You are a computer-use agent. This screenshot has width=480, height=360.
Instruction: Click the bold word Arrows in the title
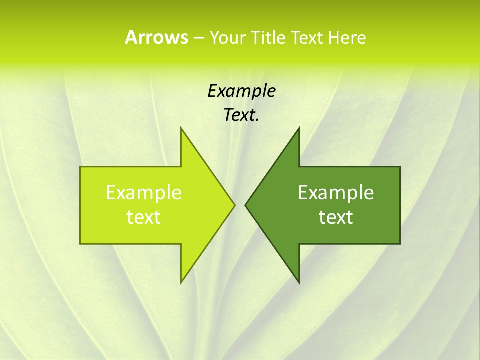coord(156,37)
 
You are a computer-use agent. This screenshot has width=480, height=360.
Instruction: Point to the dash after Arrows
coord(198,38)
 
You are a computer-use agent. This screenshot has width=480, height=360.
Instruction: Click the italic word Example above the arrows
coord(241,91)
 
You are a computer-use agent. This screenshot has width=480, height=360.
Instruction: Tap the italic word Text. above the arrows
coord(241,115)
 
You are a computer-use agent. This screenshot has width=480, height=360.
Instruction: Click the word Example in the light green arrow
coord(144,192)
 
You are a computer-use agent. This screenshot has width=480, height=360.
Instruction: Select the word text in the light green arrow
coord(144,217)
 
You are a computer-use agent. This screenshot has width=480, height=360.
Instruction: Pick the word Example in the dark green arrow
coord(336,192)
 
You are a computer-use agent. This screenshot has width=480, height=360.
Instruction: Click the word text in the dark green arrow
coord(336,217)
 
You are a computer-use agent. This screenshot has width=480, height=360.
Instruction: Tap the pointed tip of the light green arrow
coord(234,205)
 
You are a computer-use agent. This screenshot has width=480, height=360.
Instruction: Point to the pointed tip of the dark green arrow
coord(245,205)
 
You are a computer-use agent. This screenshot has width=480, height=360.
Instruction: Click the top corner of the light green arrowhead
coord(181,128)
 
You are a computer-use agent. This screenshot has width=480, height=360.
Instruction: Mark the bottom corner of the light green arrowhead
coord(181,282)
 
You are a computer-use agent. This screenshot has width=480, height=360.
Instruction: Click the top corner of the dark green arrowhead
coord(299,128)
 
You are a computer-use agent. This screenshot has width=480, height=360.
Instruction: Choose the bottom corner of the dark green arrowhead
coord(299,282)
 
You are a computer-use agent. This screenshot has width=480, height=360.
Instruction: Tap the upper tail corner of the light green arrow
coord(81,167)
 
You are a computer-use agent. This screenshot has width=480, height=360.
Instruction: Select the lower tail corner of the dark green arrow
coord(399,243)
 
